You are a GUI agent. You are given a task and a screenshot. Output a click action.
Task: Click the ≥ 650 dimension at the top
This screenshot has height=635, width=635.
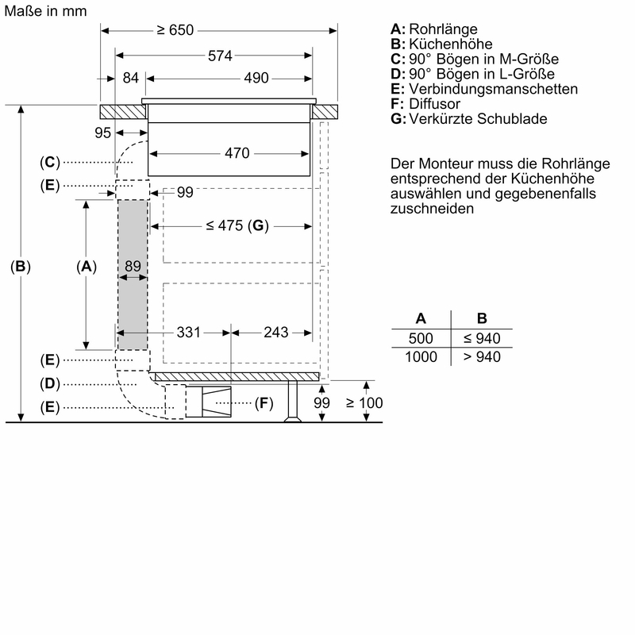click(x=175, y=30)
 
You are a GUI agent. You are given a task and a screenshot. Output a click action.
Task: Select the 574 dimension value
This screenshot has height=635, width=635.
click(x=221, y=56)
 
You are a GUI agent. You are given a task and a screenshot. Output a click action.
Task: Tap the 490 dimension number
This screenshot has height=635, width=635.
click(x=256, y=78)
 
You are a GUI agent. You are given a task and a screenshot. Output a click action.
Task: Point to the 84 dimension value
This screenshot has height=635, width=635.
click(x=130, y=78)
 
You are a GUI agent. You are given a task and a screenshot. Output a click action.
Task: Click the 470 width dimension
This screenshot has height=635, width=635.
click(x=237, y=153)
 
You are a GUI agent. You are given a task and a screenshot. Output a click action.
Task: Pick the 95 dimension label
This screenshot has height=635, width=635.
click(x=102, y=133)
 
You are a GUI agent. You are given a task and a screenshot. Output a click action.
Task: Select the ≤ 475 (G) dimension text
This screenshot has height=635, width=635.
click(x=237, y=225)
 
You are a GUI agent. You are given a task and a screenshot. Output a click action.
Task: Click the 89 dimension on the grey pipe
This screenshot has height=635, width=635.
click(x=133, y=266)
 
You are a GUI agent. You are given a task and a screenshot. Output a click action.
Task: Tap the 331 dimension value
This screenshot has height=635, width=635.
click(x=189, y=333)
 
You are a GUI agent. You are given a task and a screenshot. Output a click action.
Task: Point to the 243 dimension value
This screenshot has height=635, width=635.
click(x=275, y=333)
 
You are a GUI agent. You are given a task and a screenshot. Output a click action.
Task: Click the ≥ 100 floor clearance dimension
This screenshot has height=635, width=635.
click(x=364, y=403)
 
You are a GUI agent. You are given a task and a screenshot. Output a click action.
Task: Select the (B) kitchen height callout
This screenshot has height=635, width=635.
click(x=21, y=266)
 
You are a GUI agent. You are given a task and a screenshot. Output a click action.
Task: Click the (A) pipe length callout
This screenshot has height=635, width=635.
click(x=87, y=267)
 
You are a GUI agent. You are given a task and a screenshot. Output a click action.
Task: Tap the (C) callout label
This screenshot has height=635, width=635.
click(x=50, y=162)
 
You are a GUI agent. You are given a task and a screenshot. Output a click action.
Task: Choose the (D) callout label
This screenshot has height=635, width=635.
click(x=50, y=383)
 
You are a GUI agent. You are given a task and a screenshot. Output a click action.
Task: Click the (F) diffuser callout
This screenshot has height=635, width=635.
click(x=264, y=403)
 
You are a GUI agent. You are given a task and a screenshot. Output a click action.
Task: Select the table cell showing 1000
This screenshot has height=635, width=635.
click(x=421, y=356)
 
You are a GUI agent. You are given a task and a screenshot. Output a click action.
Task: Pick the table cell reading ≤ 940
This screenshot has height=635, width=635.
click(x=482, y=338)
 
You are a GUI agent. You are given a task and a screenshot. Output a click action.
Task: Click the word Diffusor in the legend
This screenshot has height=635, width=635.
click(x=434, y=104)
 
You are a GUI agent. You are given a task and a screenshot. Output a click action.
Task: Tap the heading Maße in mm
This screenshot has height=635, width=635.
click(x=45, y=11)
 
